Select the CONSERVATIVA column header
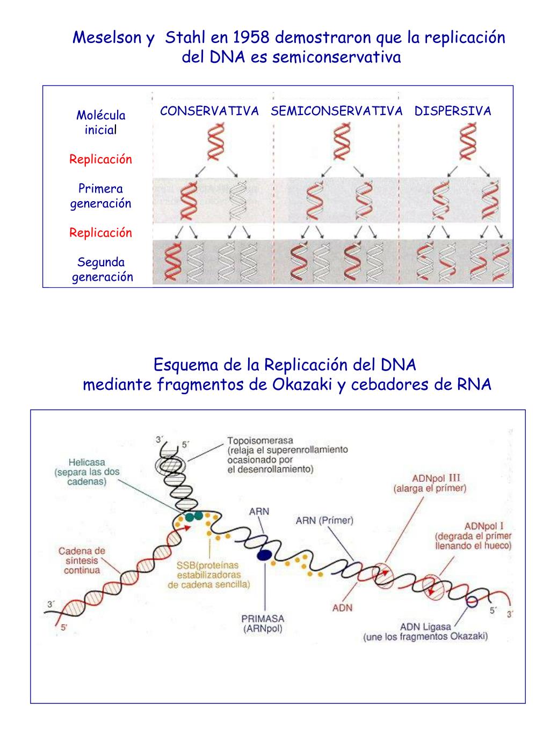click(209, 111)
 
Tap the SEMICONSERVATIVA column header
click(337, 111)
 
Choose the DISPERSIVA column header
click(453, 111)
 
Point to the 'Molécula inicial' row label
click(100, 122)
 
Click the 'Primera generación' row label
click(100, 196)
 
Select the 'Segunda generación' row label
click(102, 269)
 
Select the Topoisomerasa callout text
click(287, 454)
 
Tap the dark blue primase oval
click(264, 555)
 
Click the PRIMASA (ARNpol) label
click(263, 623)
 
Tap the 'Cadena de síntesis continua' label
click(82, 560)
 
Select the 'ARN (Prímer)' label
click(324, 520)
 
